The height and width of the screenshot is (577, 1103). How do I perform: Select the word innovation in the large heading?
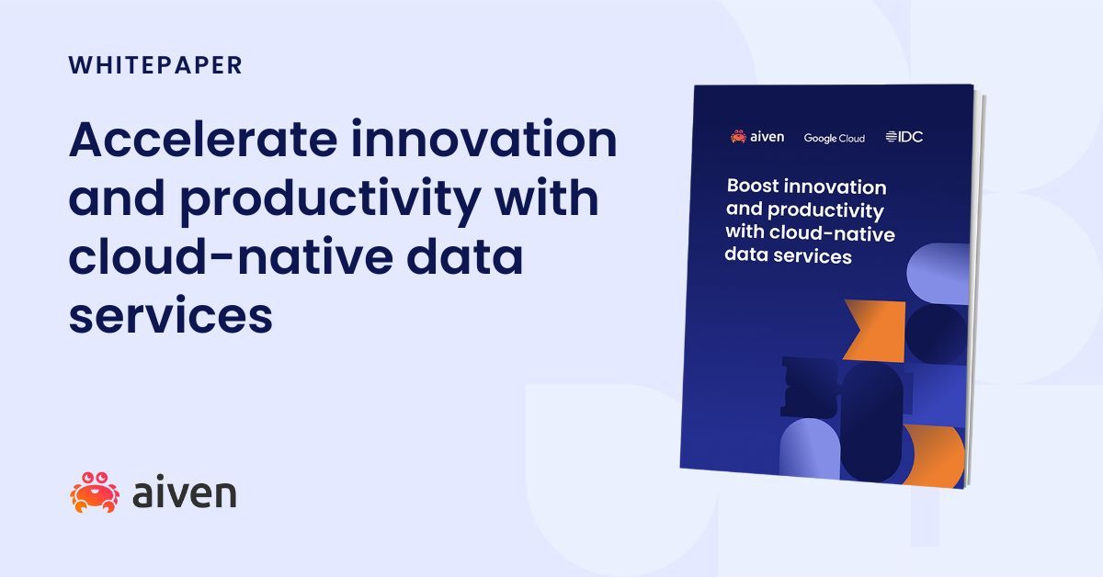coord(488,140)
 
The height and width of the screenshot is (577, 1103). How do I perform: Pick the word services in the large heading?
coord(170,316)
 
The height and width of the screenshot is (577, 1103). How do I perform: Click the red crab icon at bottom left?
coord(95,492)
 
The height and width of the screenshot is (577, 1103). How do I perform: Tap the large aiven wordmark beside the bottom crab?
coord(184,493)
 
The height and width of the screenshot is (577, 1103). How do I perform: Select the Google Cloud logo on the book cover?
coord(834,138)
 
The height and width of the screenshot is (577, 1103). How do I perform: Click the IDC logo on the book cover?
coord(904,137)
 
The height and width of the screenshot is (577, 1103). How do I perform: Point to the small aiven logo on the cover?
coord(757,137)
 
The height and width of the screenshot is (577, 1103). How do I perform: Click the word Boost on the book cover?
coord(754,187)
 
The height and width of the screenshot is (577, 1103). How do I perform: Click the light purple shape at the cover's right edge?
coord(939,274)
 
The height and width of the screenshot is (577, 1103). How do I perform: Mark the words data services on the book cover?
coord(788,255)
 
